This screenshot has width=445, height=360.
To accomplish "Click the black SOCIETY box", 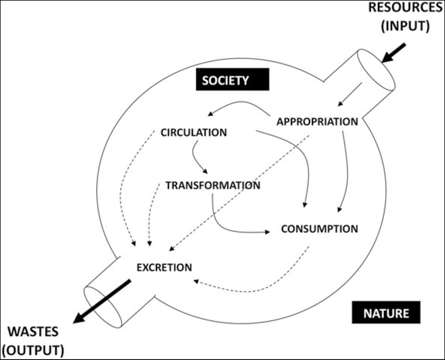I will (x=233, y=80).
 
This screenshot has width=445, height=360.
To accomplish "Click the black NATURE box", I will (x=386, y=312).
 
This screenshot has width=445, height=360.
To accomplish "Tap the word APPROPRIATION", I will (x=317, y=122).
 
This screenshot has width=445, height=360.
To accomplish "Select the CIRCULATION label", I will (x=194, y=132).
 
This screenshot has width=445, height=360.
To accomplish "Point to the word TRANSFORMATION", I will (x=213, y=185).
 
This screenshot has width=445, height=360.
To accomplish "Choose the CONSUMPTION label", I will (x=319, y=229).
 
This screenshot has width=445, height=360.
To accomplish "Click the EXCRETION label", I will (x=164, y=267).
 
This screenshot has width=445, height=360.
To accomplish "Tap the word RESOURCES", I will (x=405, y=8).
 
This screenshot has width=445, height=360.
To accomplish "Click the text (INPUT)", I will (x=405, y=26).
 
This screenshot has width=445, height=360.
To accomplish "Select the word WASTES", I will (x=33, y=332).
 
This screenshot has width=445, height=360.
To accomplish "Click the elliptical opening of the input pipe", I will (x=376, y=70).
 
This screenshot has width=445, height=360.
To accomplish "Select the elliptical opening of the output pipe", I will (x=103, y=307).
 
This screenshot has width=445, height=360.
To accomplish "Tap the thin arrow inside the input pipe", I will (x=350, y=95).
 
